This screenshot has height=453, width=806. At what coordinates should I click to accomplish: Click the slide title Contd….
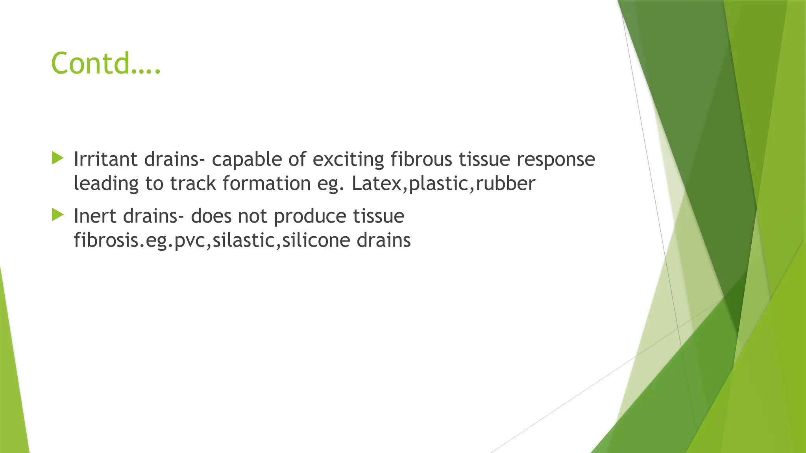pos(106,63)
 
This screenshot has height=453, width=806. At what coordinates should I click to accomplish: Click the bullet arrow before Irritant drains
pos(57,158)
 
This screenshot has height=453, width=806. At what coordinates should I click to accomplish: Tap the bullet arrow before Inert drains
pos(57,215)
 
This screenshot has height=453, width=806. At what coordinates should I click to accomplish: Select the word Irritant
pos(105,159)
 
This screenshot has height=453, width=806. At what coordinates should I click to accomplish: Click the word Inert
pos(95,216)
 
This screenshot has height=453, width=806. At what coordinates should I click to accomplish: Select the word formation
pos(266,184)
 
